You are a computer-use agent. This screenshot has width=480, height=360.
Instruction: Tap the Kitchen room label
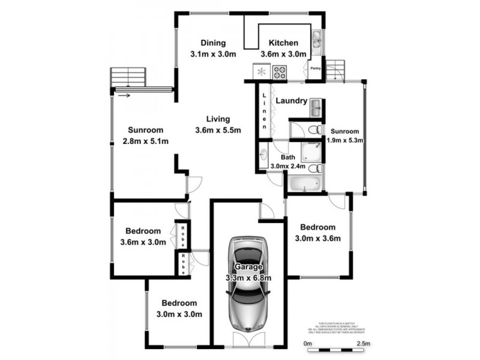tap(283, 43)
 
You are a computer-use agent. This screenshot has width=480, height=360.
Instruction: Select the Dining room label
tap(212, 43)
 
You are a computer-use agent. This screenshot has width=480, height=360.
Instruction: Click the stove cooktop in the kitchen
tap(280, 73)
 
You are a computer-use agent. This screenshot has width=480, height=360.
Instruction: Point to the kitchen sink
tap(316, 41)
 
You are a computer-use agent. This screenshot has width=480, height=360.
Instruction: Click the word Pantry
tap(316, 68)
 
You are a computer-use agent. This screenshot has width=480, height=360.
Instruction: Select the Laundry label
tap(291, 101)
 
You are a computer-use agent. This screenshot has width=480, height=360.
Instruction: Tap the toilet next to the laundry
tap(312, 130)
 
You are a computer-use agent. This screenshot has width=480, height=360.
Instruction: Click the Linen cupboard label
tap(264, 111)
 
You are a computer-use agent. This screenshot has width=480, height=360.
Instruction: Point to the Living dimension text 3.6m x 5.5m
tap(218, 130)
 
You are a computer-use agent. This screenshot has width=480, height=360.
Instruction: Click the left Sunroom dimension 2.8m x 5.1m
tap(145, 141)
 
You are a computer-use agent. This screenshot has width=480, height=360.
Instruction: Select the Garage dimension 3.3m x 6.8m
tap(248, 278)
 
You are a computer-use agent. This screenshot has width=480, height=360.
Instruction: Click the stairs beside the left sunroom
tap(128, 77)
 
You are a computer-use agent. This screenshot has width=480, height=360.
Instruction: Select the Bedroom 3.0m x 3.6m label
tap(318, 238)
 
